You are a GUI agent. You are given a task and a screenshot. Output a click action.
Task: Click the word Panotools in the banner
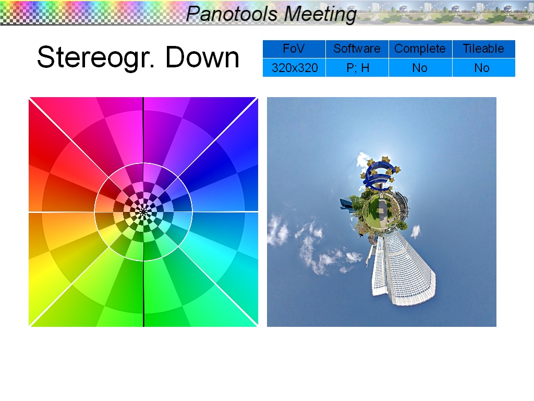[232, 14]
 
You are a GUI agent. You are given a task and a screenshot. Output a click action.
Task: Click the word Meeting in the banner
[320, 14]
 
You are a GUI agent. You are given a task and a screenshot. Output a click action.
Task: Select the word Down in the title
[202, 57]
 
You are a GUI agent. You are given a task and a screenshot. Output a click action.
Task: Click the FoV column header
[294, 49]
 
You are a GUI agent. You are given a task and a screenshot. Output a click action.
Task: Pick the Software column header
[357, 49]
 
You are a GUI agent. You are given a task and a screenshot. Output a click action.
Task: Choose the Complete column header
[420, 49]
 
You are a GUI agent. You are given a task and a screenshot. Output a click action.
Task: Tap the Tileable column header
[483, 49]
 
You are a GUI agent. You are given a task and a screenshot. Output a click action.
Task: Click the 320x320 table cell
[294, 68]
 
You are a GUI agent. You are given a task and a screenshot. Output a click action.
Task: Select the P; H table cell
[357, 68]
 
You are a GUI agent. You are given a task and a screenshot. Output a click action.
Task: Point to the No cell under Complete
[420, 68]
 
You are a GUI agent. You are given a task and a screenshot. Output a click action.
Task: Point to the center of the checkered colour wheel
[143, 212]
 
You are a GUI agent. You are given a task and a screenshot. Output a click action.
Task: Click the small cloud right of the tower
[416, 231]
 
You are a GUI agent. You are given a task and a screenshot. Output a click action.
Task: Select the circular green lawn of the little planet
[381, 213]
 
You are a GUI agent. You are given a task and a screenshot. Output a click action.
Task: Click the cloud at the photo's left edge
[277, 230]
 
